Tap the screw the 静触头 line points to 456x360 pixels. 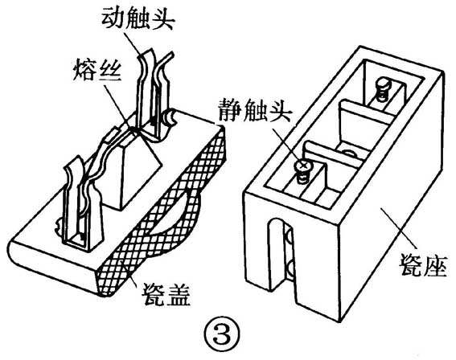[x=303, y=167]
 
